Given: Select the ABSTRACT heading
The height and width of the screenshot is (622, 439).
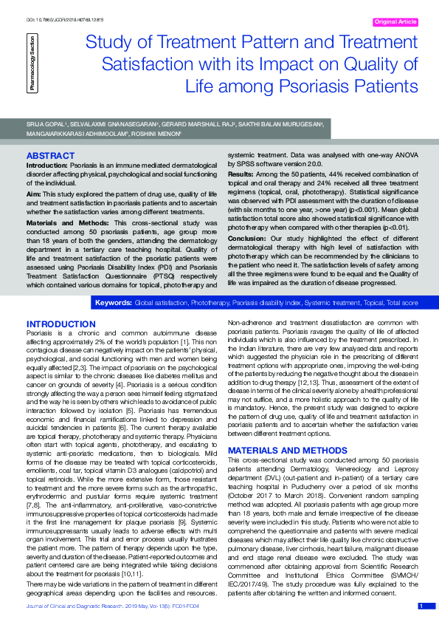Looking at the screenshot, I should point(50,156).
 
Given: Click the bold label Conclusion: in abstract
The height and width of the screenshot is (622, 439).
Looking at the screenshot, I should point(248,238).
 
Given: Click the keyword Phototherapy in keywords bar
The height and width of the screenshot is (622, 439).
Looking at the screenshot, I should point(211,303).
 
